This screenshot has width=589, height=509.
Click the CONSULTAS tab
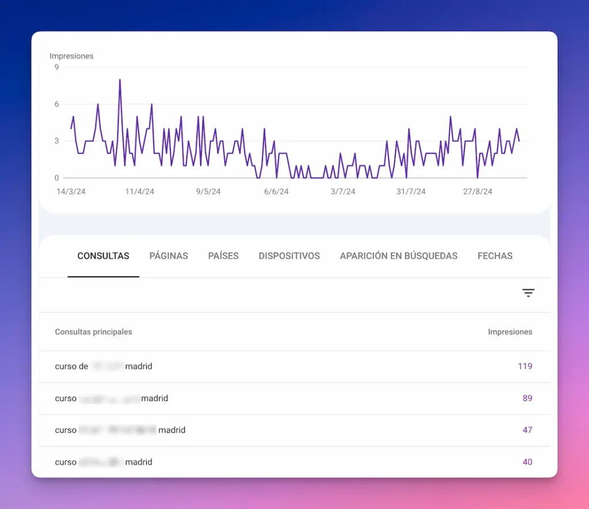coord(104,256)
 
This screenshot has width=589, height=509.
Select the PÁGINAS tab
coord(169,256)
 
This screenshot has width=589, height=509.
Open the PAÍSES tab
coord(223,256)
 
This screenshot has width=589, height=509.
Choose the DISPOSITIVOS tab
coord(289,256)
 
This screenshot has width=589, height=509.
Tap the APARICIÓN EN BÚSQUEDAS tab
coord(399,256)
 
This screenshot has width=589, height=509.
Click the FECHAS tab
coord(495,256)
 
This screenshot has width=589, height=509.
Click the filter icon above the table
coord(528,293)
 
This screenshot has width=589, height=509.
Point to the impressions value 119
coord(525,366)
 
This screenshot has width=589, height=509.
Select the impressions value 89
coord(527,398)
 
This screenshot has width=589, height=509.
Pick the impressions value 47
coord(527,430)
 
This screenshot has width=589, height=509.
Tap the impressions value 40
coord(527,462)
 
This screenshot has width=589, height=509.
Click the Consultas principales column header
coord(93,332)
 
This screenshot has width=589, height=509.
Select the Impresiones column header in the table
coord(510,332)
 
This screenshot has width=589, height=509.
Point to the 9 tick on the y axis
coord(56,67)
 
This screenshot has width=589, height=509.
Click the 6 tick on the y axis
coord(56,104)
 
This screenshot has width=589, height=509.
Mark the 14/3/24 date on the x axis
coord(71,192)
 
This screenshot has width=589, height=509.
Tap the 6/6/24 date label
coord(276,192)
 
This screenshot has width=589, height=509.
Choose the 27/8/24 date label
coord(478,192)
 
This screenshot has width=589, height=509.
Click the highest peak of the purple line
coord(120,80)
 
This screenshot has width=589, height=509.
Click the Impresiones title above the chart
coord(71,56)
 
